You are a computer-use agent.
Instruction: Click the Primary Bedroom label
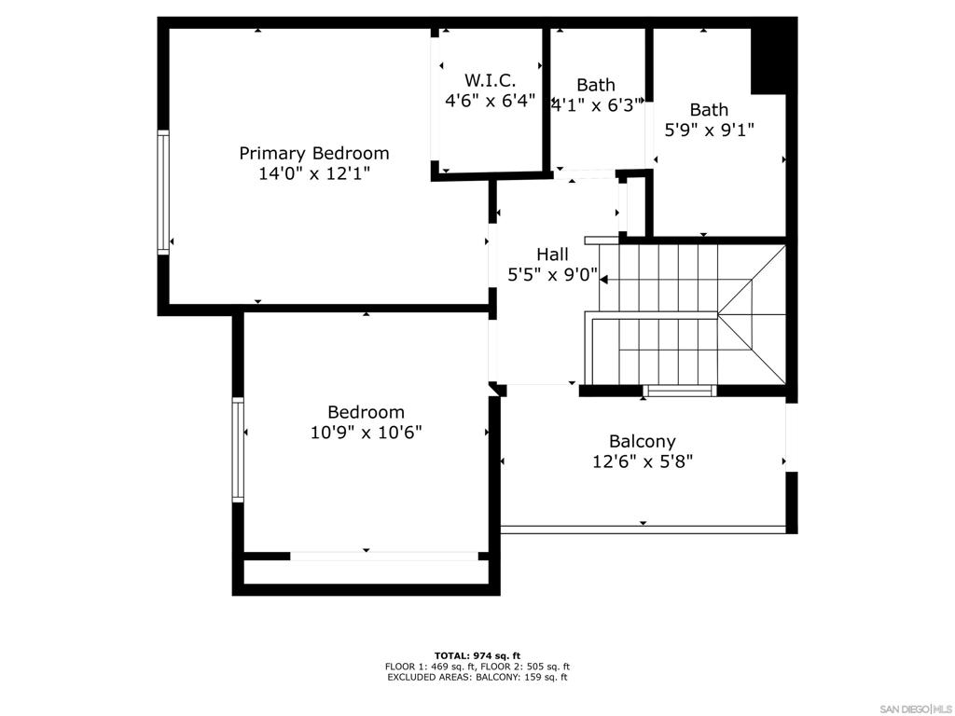[313, 154]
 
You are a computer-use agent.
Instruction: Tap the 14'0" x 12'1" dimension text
[314, 174]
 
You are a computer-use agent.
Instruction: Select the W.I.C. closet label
[491, 80]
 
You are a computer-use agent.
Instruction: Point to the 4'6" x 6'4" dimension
[491, 100]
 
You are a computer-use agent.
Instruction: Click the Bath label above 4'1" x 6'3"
[596, 85]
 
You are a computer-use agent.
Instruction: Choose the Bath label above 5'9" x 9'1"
[709, 110]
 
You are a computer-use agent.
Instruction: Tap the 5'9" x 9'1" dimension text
[709, 130]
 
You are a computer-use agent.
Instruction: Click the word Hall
[552, 255]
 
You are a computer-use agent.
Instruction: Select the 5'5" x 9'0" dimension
[552, 275]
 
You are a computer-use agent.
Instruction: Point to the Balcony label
[643, 442]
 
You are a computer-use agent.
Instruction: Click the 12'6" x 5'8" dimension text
[643, 461]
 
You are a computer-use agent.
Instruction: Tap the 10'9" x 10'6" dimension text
[366, 433]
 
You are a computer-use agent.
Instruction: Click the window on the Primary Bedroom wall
[163, 192]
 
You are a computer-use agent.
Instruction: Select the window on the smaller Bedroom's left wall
[238, 450]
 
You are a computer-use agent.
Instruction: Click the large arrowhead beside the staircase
[604, 280]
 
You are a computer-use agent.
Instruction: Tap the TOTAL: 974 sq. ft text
[477, 655]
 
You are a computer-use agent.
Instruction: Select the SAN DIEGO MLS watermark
[917, 709]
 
